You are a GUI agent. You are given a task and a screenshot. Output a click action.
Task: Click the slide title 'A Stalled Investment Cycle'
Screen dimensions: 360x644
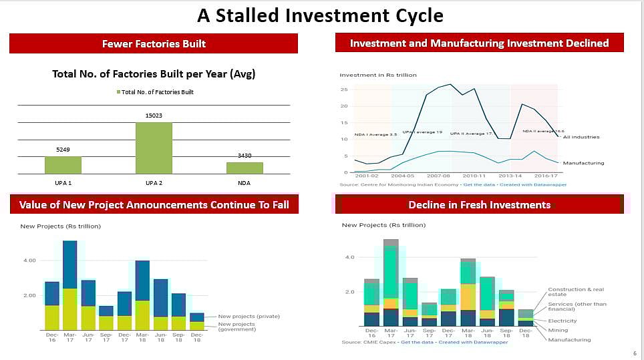coord(321,15)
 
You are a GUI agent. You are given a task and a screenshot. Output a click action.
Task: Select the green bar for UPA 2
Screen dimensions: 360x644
coord(154,147)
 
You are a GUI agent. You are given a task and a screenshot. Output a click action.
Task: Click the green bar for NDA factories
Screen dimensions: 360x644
coord(244,168)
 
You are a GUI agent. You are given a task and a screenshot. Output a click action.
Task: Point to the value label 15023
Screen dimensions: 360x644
coord(154,116)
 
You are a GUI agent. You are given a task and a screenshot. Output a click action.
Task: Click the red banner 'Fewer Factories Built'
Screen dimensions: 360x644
coord(154,43)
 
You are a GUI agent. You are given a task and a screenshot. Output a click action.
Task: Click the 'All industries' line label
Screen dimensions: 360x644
coord(581,137)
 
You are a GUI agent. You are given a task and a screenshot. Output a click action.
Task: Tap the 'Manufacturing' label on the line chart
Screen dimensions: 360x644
coord(583,163)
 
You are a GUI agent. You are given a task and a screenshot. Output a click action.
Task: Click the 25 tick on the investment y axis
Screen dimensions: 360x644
coord(343,89)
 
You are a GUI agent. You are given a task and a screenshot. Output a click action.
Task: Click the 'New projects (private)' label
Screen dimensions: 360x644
coord(249,316)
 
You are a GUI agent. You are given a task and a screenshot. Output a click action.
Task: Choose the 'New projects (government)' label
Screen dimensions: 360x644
coord(236,327)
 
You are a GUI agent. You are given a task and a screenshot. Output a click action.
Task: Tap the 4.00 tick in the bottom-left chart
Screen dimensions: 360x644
coord(29,260)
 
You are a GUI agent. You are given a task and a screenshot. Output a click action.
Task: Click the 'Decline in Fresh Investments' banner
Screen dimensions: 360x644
coord(480,204)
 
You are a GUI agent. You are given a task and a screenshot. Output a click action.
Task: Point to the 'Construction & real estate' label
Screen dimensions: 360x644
coord(575,292)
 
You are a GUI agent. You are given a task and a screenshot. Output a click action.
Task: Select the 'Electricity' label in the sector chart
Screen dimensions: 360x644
coord(562,321)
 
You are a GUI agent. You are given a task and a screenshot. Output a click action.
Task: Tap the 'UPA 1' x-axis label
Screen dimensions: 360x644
coord(63,182)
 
